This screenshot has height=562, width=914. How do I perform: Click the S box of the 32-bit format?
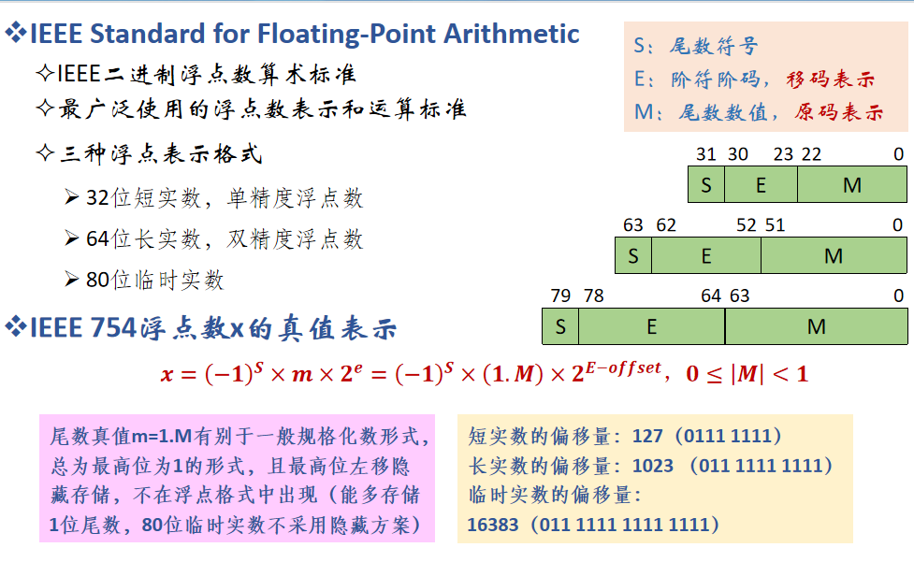(x=705, y=184)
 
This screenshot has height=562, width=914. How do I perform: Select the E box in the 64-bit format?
(x=705, y=255)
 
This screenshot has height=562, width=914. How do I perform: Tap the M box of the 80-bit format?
(x=816, y=326)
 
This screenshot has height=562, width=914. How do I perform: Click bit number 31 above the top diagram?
(x=705, y=154)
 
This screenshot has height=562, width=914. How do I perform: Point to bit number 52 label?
(x=747, y=224)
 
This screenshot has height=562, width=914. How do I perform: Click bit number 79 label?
(x=560, y=295)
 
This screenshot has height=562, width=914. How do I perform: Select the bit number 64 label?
(x=711, y=295)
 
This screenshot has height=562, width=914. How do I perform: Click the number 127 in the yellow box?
(x=647, y=436)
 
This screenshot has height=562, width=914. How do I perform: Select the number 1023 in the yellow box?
(x=653, y=465)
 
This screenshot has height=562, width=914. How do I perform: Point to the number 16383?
(x=492, y=525)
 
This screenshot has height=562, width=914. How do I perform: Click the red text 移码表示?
(x=832, y=79)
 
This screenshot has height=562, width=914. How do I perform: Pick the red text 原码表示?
(x=839, y=112)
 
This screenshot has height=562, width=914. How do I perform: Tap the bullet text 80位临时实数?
(x=155, y=280)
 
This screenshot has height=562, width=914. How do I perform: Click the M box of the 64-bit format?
(x=834, y=255)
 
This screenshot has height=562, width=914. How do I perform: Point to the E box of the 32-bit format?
(x=761, y=184)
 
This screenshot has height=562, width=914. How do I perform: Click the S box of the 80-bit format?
(x=560, y=326)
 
